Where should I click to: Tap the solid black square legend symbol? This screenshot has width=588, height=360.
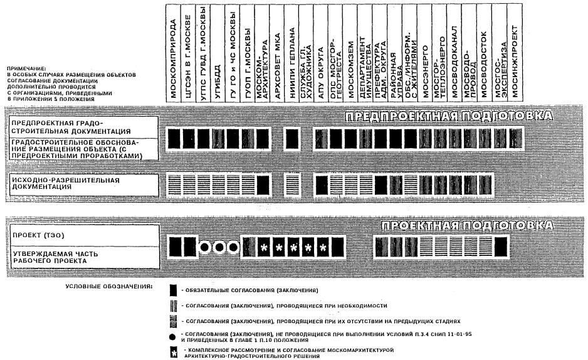coord(173,290)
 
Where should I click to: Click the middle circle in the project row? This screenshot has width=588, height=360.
coord(219,246)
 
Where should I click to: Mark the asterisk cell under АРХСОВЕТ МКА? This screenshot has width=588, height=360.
coord(278,247)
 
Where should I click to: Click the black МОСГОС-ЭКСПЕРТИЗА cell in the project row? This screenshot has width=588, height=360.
coord(500,246)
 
